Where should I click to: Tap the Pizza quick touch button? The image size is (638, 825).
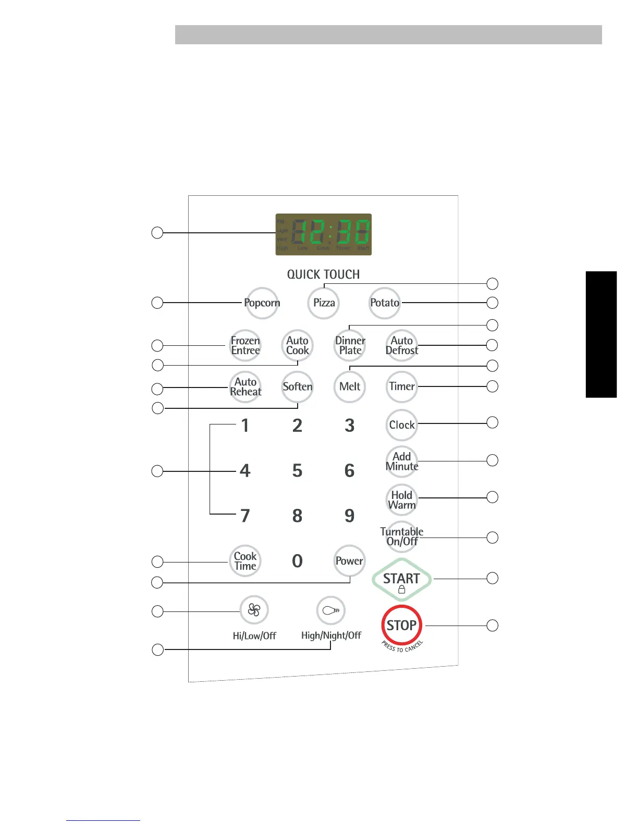324,303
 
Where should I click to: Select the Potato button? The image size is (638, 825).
385,303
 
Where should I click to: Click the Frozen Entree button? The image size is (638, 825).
246,345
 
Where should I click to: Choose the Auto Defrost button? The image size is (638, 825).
402,345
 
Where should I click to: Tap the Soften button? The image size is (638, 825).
298,386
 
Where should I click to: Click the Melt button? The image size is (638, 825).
350,386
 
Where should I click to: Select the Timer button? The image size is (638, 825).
402,386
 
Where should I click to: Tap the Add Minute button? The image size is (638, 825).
402,461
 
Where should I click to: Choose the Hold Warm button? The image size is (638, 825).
402,500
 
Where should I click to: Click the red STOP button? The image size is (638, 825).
401,626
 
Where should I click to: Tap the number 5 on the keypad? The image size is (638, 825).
297,471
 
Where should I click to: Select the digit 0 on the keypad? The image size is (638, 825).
297,561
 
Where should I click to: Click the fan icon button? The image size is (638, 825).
254,610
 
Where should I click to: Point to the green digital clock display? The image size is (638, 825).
324,234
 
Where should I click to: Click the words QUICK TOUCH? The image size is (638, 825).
324,274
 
